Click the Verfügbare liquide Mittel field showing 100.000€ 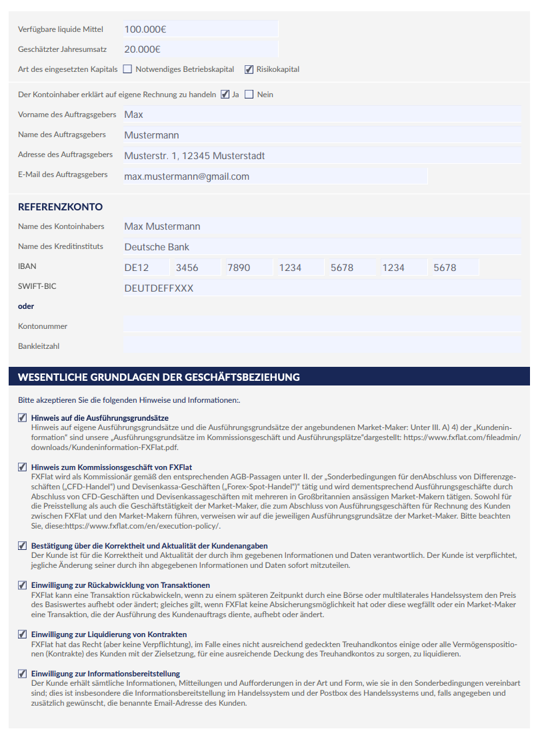click(x=200, y=29)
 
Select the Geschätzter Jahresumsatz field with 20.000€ click(x=200, y=49)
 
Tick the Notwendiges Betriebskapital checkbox click(x=127, y=69)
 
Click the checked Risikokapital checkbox click(x=249, y=69)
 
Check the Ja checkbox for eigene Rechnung click(x=225, y=95)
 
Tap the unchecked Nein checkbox click(x=249, y=95)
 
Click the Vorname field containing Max click(x=321, y=115)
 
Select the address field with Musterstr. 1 click(x=321, y=156)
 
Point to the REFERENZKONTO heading click(x=60, y=207)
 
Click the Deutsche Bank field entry click(x=321, y=247)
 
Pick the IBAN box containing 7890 click(x=248, y=268)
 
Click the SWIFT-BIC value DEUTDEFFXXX click(x=321, y=289)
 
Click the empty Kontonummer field click(x=321, y=326)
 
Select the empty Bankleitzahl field click(x=321, y=346)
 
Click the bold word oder click(x=26, y=306)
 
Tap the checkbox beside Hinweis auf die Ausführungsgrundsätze click(x=23, y=417)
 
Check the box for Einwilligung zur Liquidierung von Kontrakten click(x=23, y=634)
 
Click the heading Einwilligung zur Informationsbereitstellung click(x=105, y=674)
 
